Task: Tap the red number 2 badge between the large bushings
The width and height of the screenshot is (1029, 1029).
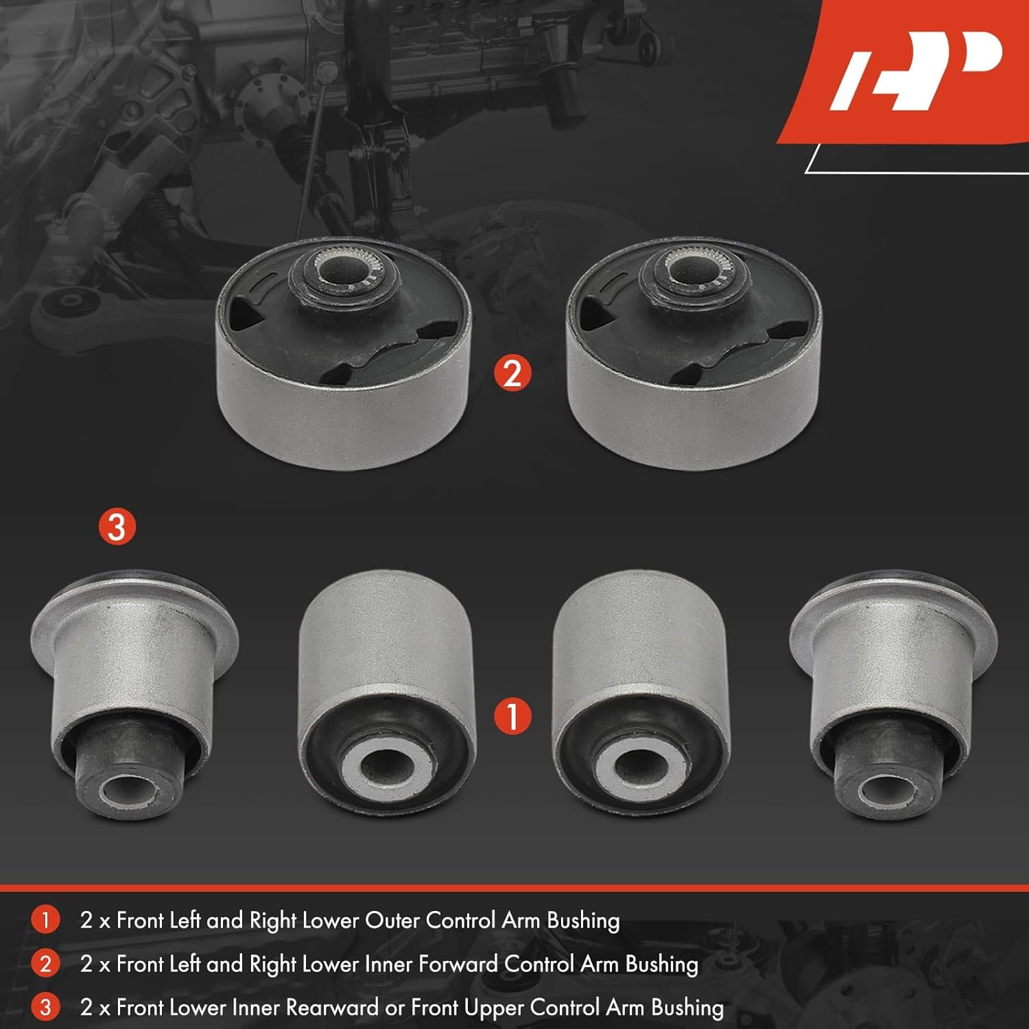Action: [x=512, y=374]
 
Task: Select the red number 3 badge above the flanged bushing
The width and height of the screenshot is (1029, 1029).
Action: [x=117, y=527]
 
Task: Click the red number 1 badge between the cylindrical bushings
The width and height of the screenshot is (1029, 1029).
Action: [x=512, y=716]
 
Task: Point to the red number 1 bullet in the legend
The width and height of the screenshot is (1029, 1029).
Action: [x=45, y=920]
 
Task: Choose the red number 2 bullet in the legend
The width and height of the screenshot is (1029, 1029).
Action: [x=45, y=964]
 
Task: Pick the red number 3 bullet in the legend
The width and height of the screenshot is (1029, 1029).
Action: [x=45, y=1007]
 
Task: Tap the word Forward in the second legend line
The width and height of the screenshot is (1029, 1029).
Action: [x=458, y=964]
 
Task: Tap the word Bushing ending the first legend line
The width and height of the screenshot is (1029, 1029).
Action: [x=583, y=920]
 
